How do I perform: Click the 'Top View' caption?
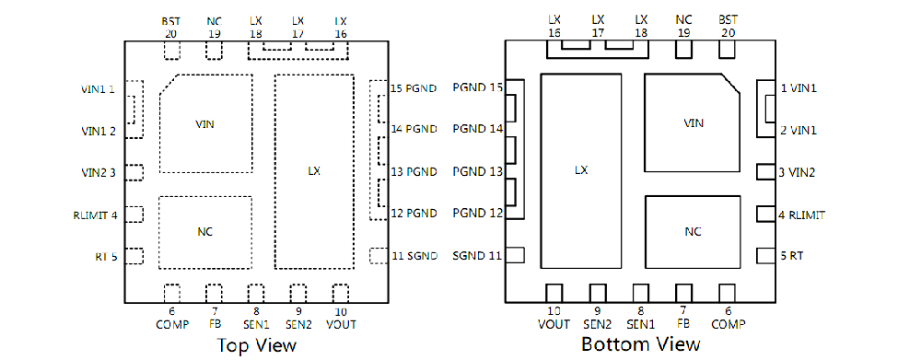[257, 344]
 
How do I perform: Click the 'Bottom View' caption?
[641, 343]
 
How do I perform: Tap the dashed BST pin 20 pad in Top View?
[172, 50]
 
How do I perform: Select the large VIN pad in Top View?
[206, 123]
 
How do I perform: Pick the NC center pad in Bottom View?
[693, 231]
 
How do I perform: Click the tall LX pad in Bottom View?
[581, 170]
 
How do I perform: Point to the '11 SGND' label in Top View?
[414, 255]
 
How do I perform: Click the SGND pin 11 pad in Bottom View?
[515, 255]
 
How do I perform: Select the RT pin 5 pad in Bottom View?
[765, 256]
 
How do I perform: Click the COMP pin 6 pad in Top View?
[172, 294]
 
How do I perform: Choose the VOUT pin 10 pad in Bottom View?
[554, 293]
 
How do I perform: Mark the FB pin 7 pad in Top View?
[215, 294]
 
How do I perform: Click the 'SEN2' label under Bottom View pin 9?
[598, 324]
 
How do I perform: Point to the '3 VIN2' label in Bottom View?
[797, 173]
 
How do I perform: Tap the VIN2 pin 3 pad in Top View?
[134, 173]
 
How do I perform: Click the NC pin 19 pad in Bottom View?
[683, 50]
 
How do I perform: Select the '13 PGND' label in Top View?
[414, 172]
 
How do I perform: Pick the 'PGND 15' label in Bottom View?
[477, 87]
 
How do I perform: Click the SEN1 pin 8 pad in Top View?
[256, 294]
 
